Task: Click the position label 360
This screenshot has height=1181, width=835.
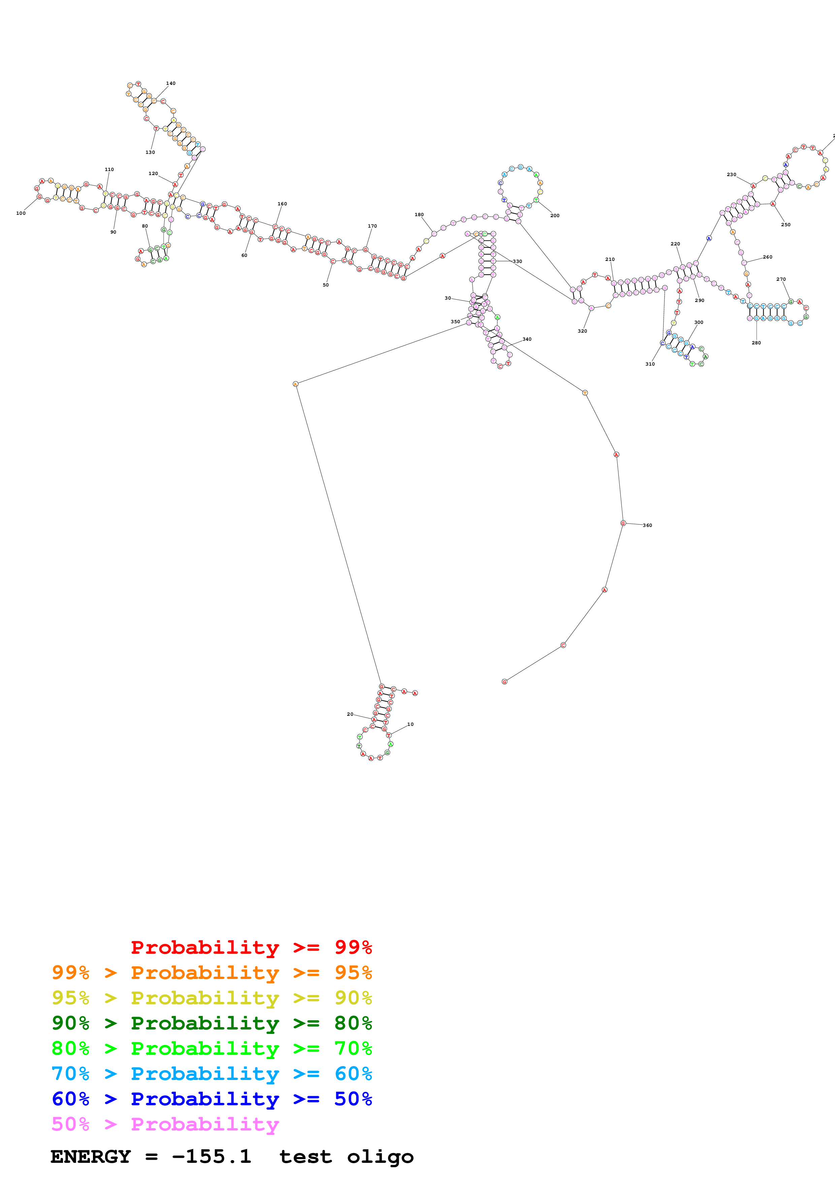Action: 647,525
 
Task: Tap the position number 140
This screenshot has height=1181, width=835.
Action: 171,83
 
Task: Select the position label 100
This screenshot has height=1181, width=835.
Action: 21,213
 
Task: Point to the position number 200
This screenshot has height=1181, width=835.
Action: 555,215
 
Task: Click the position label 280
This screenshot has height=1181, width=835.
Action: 756,343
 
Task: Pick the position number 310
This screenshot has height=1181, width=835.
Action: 650,364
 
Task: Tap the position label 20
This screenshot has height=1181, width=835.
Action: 350,714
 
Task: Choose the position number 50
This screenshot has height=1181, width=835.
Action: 326,285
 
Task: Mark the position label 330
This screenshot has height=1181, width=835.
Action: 517,261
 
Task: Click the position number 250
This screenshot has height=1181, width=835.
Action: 785,225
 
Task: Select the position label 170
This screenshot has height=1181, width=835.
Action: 372,226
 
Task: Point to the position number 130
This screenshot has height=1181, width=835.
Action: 150,152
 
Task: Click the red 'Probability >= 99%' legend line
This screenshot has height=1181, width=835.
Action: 251,947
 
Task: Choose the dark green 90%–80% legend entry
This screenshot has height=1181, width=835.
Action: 212,1023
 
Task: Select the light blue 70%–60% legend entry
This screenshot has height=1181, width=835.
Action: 212,1074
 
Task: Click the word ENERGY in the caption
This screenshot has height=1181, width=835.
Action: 91,1157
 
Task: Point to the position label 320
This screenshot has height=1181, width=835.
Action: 582,331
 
